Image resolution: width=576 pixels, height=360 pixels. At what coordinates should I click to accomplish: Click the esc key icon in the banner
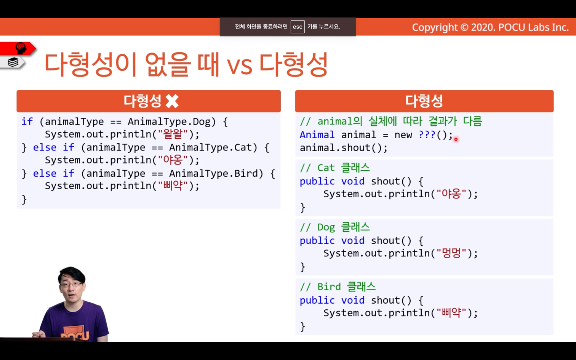pos(298,27)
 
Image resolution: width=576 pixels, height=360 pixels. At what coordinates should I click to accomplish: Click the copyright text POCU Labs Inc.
pos(533,27)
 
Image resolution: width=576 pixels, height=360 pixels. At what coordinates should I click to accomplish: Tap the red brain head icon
pos(21,48)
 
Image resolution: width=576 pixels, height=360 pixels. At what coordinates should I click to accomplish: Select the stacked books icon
pos(13,62)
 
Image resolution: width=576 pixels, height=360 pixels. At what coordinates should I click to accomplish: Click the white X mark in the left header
pos(172,101)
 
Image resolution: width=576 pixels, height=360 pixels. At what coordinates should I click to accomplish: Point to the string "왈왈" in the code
pos(173,134)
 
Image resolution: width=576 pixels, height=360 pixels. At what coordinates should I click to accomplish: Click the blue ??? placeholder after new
pos(427,134)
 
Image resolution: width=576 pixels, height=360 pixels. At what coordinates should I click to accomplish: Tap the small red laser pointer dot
pos(456,139)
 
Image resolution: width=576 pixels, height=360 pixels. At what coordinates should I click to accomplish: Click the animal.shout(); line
pos(344,148)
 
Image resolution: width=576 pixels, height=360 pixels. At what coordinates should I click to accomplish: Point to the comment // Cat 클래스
pos(335,168)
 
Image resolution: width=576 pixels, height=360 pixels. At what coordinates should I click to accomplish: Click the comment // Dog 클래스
pos(335,227)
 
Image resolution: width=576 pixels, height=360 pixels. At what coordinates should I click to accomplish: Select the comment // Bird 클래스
pos(338,287)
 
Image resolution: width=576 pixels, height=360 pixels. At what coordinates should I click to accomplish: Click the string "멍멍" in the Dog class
pos(451,253)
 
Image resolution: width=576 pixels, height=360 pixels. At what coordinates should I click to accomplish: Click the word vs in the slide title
pos(239,66)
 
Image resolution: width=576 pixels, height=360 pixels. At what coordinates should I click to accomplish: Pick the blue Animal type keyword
pos(317,135)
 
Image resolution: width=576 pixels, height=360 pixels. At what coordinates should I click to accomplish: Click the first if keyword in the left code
pos(27,122)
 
